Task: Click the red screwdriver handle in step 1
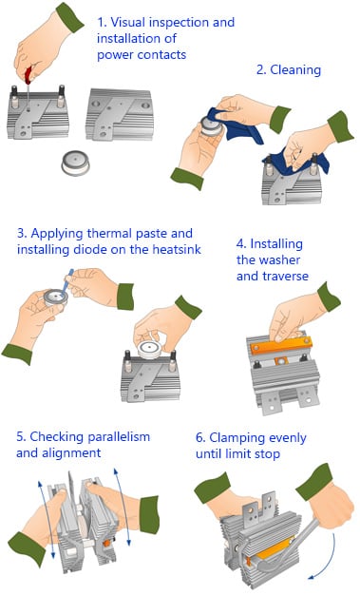[x=28, y=75]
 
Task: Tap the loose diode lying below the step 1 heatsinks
[x=76, y=163]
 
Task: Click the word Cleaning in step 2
[x=295, y=70]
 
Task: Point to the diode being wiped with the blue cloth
[x=211, y=126]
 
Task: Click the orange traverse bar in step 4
[x=281, y=345]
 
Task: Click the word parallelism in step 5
[x=119, y=437]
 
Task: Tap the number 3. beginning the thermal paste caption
[x=22, y=234]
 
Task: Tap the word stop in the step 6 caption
[x=267, y=454]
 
